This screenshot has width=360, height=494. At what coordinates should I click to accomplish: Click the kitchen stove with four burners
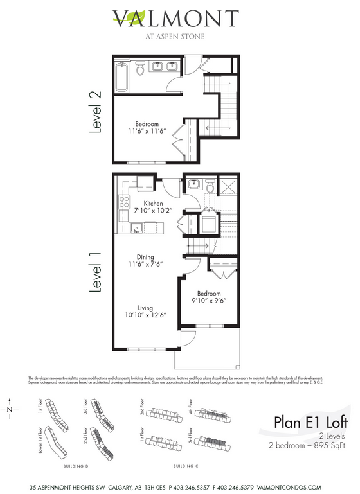123,204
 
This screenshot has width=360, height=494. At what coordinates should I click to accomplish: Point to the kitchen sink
136,227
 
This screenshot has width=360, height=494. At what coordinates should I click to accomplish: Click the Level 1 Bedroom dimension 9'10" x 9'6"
209,299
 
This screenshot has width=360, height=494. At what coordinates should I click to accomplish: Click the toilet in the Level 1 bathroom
209,186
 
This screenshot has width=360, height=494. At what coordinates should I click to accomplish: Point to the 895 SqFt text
328,445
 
